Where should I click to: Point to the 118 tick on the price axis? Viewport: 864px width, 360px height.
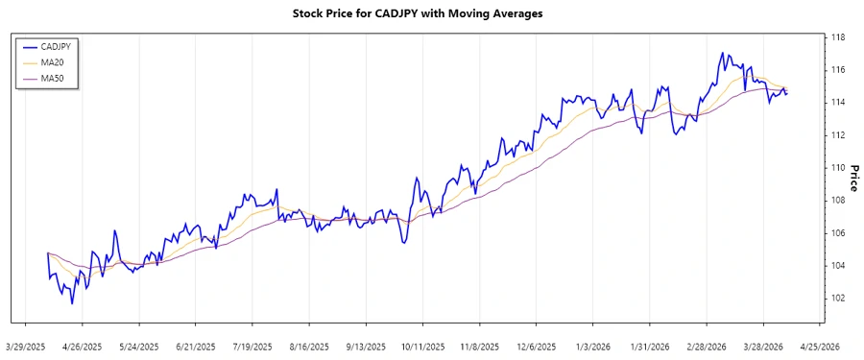tap(837, 37)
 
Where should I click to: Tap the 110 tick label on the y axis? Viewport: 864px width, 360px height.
tap(837, 168)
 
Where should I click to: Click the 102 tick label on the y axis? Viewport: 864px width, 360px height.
tap(837, 298)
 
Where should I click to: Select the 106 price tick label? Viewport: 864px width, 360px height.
tap(837, 233)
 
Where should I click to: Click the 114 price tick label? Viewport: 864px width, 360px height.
tap(837, 103)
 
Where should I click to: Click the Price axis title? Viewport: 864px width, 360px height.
tap(852, 178)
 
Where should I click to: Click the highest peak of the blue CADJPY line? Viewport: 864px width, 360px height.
tap(722, 53)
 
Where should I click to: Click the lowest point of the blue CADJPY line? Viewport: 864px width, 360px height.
tap(72, 303)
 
